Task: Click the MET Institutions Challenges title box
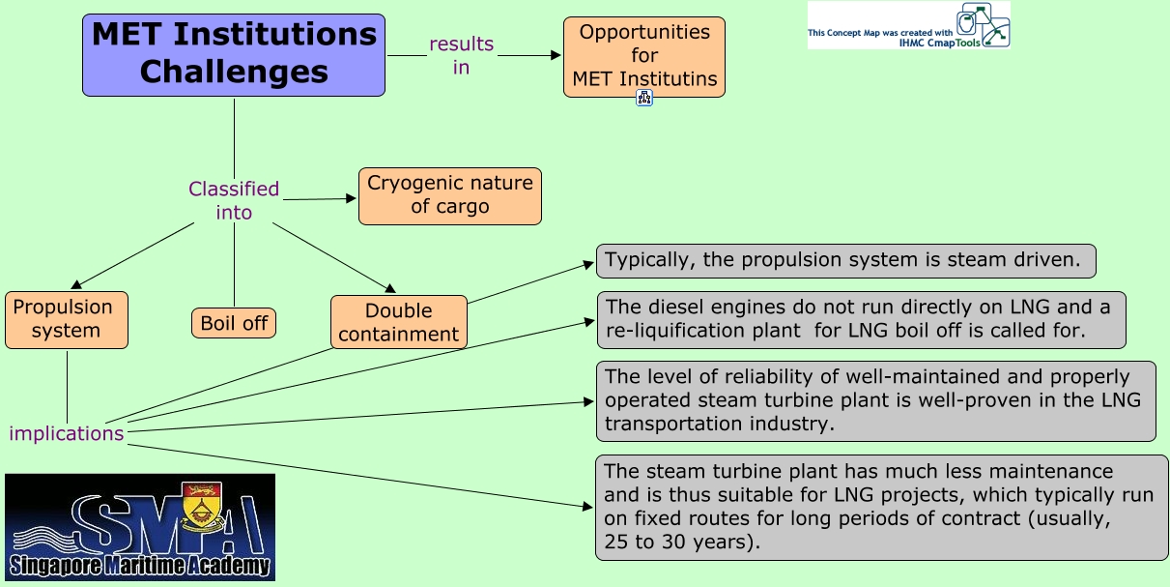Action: (234, 55)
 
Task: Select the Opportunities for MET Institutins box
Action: (644, 56)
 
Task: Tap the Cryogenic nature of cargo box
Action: (449, 196)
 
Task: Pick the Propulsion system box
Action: (67, 320)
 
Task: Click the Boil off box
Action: (234, 323)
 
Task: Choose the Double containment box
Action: (398, 322)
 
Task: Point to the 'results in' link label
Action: (461, 55)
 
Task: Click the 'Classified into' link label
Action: (234, 200)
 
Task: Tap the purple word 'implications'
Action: (67, 433)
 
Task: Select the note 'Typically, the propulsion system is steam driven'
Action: (845, 261)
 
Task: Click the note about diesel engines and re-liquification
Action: (861, 320)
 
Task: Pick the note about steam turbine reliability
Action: (876, 401)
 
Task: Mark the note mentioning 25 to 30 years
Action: (881, 508)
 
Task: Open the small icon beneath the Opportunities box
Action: (644, 98)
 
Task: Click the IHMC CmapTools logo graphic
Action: (983, 24)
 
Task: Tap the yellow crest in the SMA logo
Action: (202, 505)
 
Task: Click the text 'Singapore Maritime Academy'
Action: (139, 566)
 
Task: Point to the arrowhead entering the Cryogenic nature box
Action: (351, 198)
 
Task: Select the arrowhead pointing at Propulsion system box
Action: (76, 284)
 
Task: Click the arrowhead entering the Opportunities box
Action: (556, 55)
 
